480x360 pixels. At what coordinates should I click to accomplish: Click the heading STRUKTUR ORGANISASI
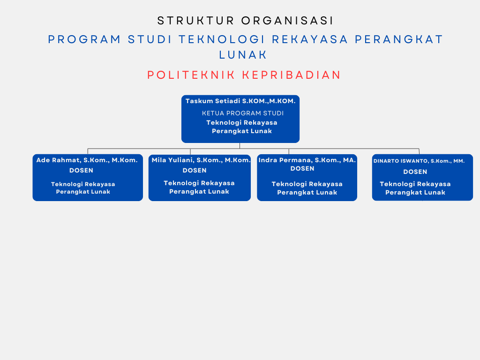pyautogui.click(x=245, y=21)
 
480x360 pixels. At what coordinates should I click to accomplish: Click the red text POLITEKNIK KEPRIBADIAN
pyautogui.click(x=244, y=75)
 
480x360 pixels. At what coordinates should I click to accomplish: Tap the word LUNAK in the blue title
pyautogui.click(x=243, y=55)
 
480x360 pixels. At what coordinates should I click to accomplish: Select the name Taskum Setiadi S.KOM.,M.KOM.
pyautogui.click(x=240, y=101)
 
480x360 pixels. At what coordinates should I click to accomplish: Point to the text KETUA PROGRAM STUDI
pyautogui.click(x=243, y=113)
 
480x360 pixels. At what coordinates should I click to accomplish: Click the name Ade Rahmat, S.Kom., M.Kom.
pyautogui.click(x=87, y=160)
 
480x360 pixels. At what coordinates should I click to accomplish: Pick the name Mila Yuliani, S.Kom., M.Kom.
pyautogui.click(x=201, y=160)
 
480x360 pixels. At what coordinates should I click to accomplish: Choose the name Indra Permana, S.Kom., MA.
pyautogui.click(x=307, y=160)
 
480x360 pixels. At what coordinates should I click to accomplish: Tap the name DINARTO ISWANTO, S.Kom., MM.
pyautogui.click(x=419, y=161)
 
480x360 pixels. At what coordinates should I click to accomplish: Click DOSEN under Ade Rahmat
pyautogui.click(x=81, y=171)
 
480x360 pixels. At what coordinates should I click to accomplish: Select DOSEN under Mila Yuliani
pyautogui.click(x=195, y=171)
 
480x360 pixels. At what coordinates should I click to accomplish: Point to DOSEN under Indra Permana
pyautogui.click(x=302, y=169)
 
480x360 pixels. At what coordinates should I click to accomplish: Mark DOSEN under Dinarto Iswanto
pyautogui.click(x=415, y=172)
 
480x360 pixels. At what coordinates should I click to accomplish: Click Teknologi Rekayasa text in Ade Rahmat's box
pyautogui.click(x=83, y=184)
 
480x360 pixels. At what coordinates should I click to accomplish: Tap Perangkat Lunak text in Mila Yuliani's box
pyautogui.click(x=199, y=192)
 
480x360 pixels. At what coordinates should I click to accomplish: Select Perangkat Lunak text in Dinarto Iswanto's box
pyautogui.click(x=415, y=193)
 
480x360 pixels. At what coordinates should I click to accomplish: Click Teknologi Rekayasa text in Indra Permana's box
pyautogui.click(x=307, y=184)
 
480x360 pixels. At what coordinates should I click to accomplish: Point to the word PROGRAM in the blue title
pyautogui.click(x=84, y=39)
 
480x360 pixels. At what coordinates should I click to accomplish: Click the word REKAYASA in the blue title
pyautogui.click(x=310, y=39)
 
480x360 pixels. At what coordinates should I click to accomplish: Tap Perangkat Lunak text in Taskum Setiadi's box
pyautogui.click(x=242, y=131)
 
